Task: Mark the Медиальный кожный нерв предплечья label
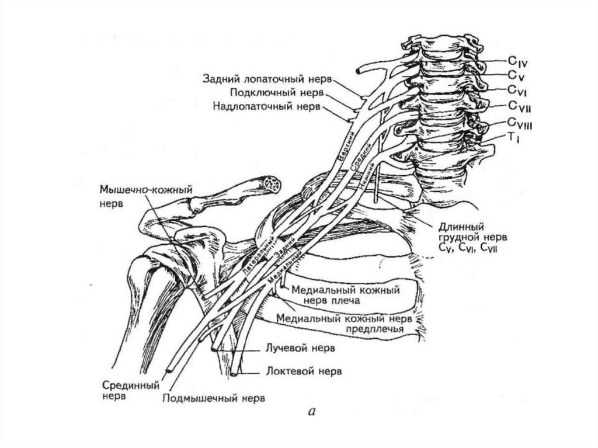pyautogui.click(x=345, y=324)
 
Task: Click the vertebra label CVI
pyautogui.click(x=517, y=90)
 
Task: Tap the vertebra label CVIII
pyautogui.click(x=519, y=123)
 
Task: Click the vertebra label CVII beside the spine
pyautogui.click(x=519, y=106)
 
